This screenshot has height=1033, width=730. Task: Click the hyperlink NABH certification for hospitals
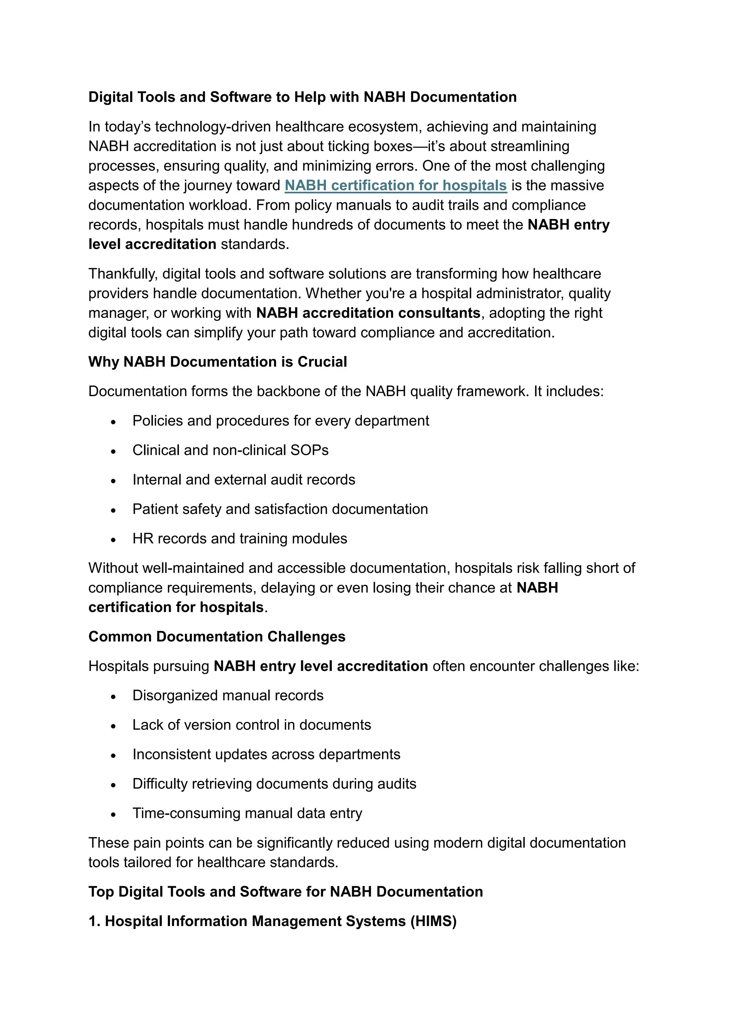pyautogui.click(x=396, y=185)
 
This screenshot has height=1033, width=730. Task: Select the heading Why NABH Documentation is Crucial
pyautogui.click(x=217, y=362)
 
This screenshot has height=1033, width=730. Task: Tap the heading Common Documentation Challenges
pyautogui.click(x=217, y=637)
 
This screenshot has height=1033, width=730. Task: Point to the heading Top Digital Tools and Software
pyautogui.click(x=286, y=892)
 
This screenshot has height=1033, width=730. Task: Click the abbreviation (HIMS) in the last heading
pyautogui.click(x=433, y=921)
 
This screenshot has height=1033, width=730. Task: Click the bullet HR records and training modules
pyautogui.click(x=240, y=539)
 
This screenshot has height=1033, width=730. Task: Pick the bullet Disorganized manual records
pyautogui.click(x=228, y=696)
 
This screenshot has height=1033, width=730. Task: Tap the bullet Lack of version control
pyautogui.click(x=252, y=725)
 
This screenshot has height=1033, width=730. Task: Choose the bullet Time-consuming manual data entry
pyautogui.click(x=247, y=813)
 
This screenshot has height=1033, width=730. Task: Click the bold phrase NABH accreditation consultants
pyautogui.click(x=368, y=313)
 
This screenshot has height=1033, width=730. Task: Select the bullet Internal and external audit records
pyautogui.click(x=244, y=480)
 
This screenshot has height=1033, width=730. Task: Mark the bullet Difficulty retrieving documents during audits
pyautogui.click(x=274, y=784)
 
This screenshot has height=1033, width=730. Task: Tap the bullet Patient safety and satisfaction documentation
pyautogui.click(x=280, y=509)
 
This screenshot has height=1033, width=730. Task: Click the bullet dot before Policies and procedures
pyautogui.click(x=113, y=422)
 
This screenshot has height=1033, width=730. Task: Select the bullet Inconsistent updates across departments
pyautogui.click(x=266, y=754)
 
